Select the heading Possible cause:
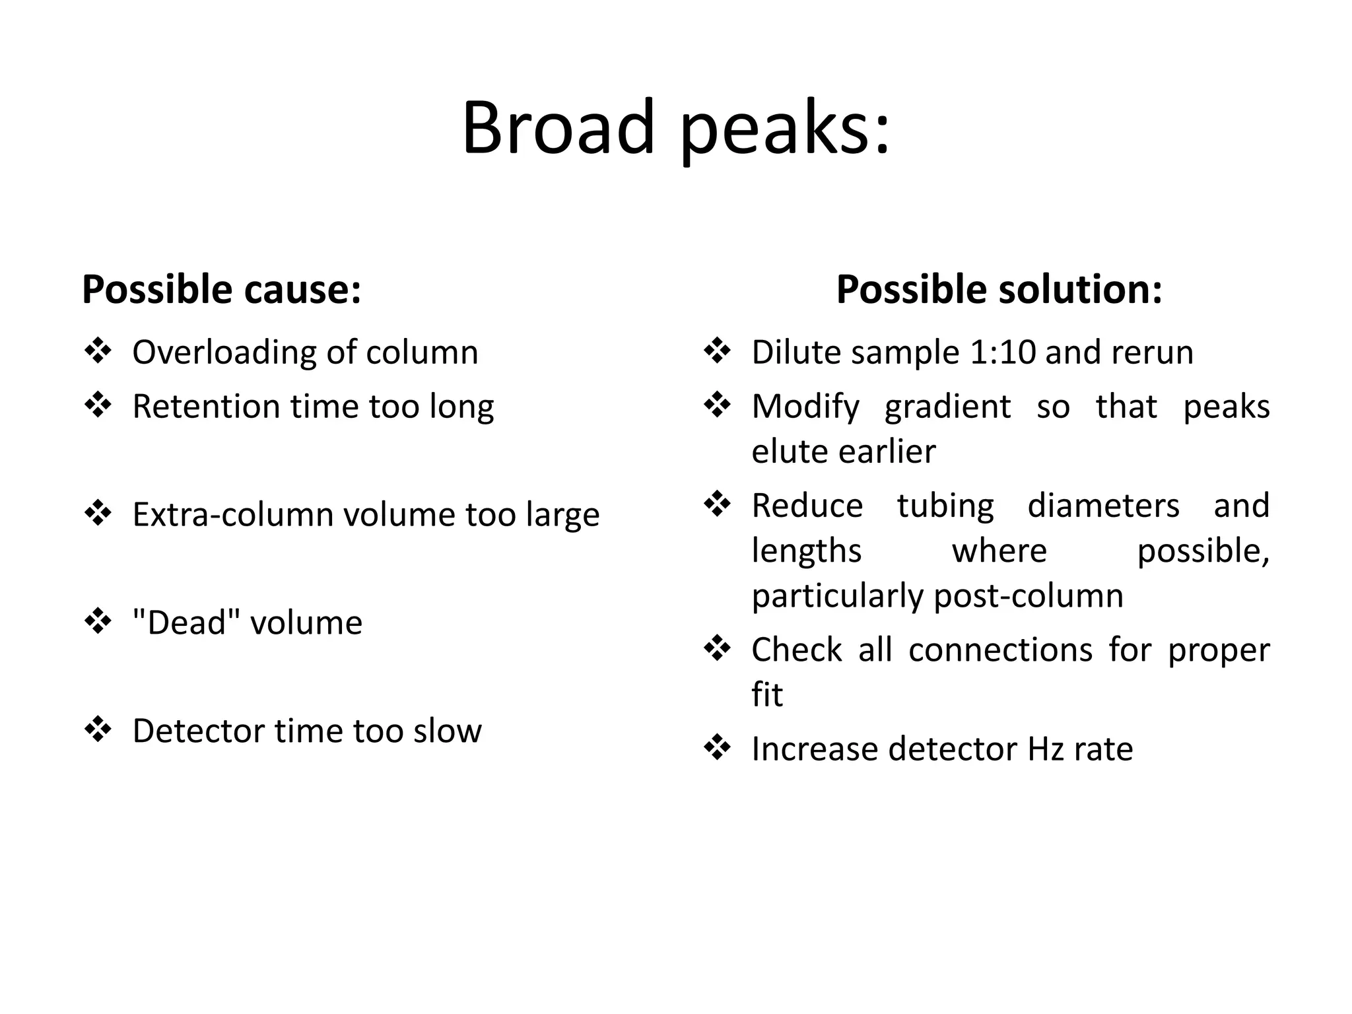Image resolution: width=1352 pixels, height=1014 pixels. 222,289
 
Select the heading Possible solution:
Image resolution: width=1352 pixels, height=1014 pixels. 999,289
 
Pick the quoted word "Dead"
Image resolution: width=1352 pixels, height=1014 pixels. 186,623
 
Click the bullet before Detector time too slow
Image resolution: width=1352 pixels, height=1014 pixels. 98,730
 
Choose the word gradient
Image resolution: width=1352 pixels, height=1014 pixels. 947,407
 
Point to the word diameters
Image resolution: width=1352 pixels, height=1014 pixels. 1103,506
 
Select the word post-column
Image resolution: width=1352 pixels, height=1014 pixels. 1029,596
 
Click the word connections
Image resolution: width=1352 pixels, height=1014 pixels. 1000,650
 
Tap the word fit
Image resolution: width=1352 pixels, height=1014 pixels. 766,694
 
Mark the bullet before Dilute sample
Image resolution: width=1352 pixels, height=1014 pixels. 717,351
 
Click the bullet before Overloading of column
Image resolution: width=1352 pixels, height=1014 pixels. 98,351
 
